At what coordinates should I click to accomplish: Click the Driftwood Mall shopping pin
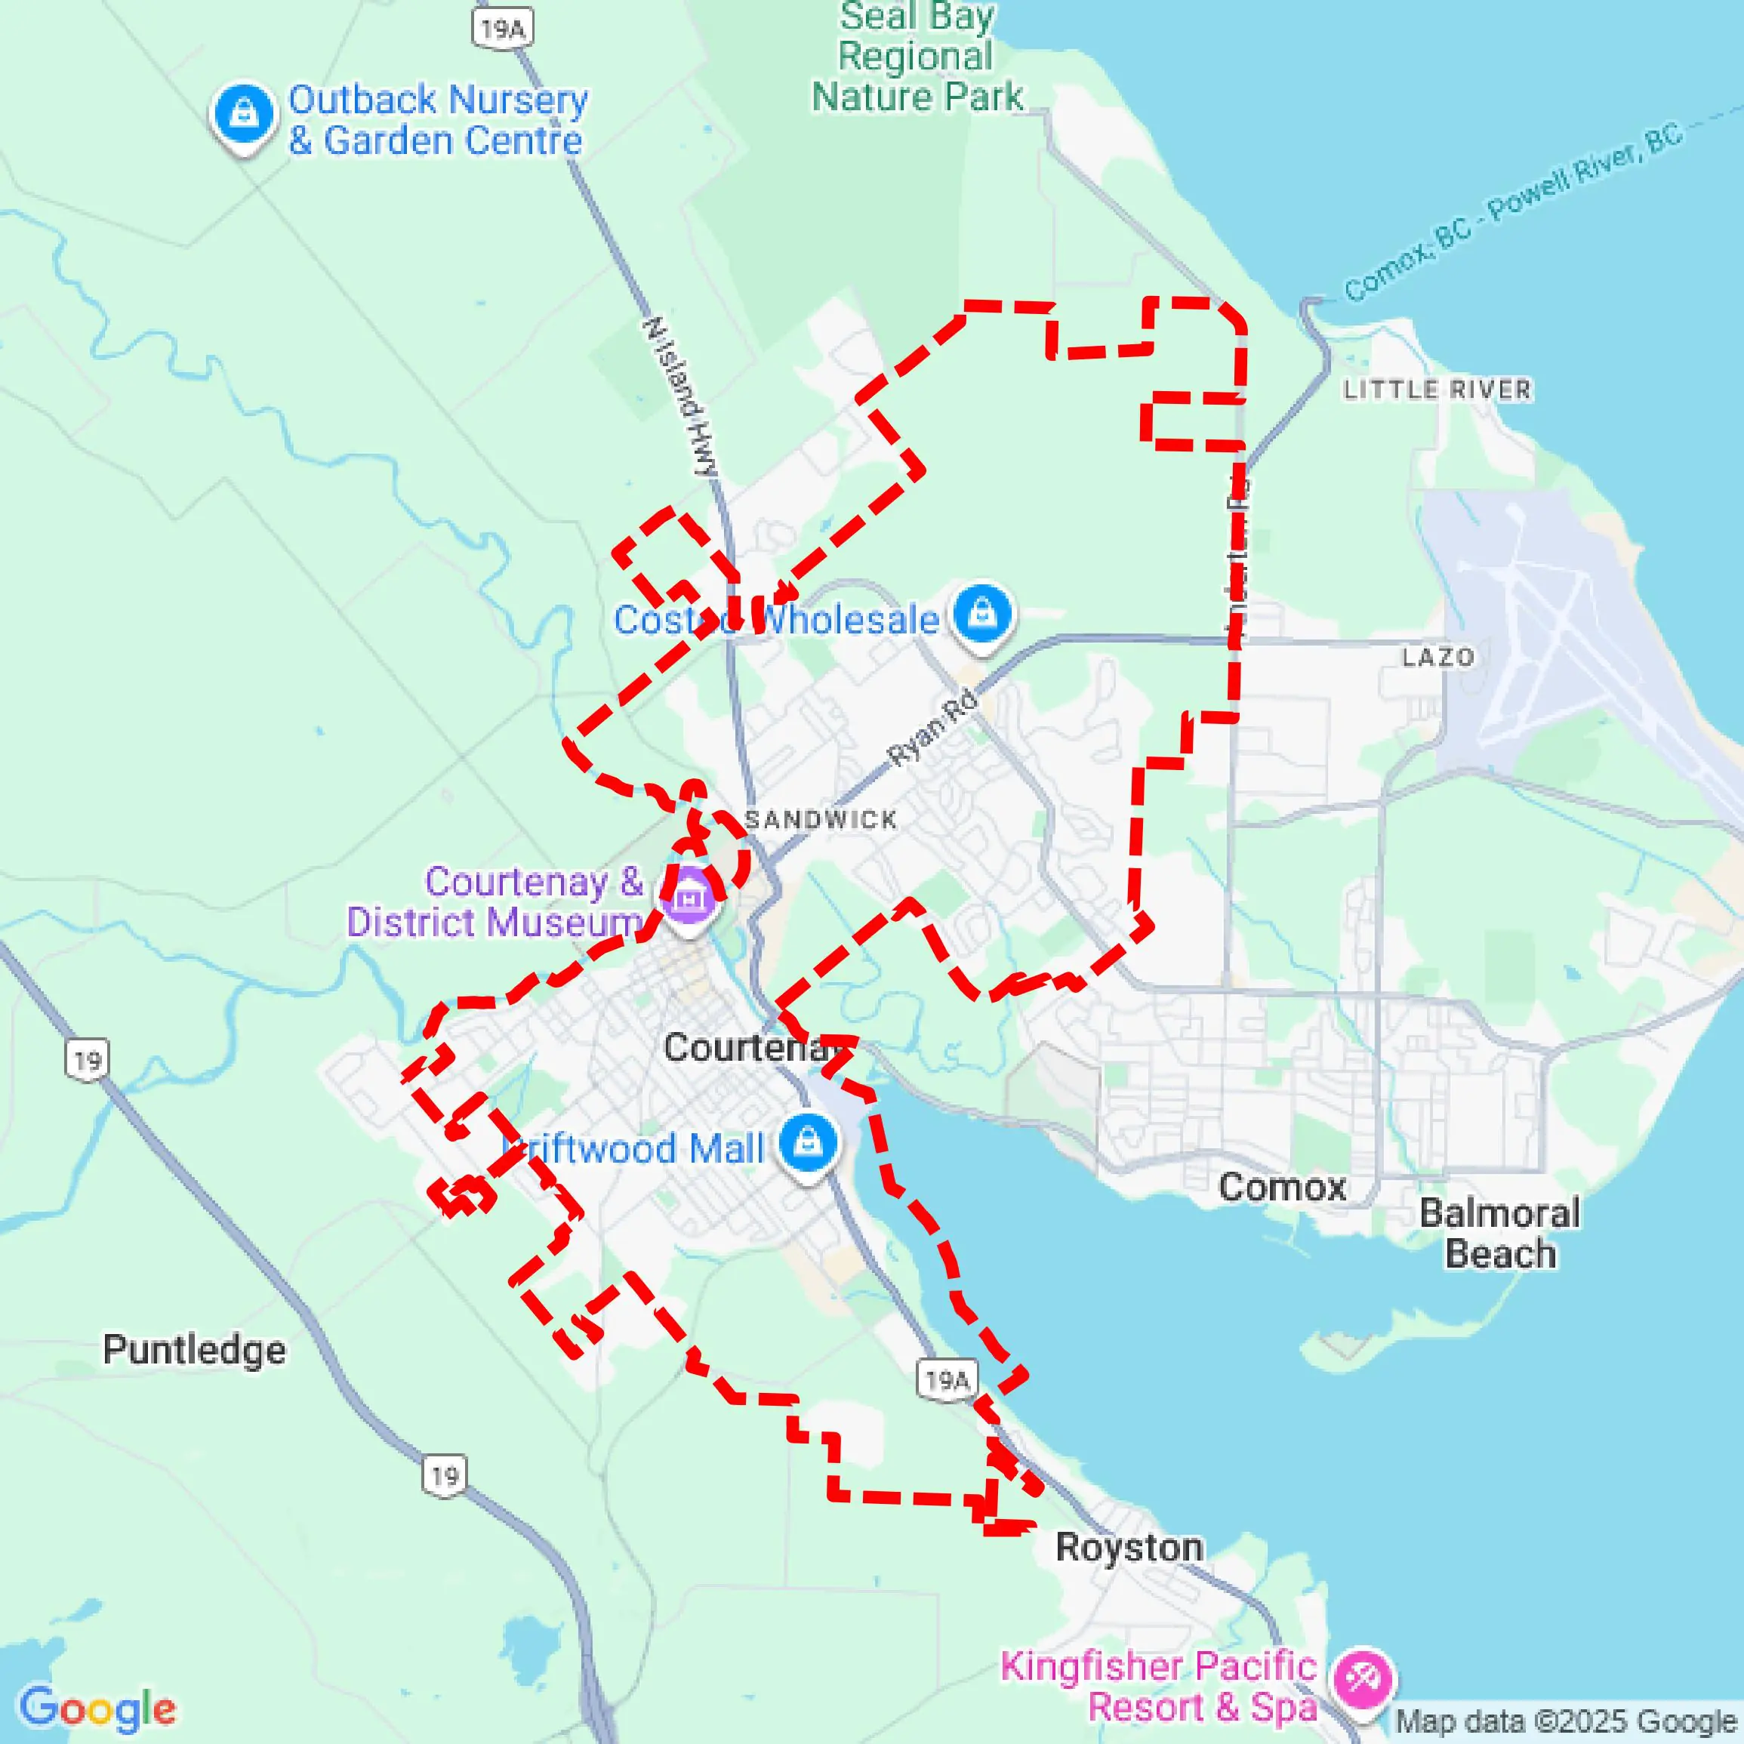point(808,1143)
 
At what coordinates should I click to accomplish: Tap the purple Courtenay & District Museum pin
point(689,898)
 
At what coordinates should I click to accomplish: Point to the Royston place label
point(1129,1547)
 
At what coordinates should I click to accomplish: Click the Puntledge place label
point(194,1351)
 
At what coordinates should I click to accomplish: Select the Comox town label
point(1282,1187)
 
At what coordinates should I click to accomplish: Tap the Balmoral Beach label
point(1499,1233)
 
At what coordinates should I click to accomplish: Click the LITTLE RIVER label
point(1437,390)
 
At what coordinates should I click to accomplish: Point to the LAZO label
point(1438,657)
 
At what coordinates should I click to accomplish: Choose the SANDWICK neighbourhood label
point(821,820)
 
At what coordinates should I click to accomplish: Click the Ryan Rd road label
point(932,728)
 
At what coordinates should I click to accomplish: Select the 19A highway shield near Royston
point(947,1379)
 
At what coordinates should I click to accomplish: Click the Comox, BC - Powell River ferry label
point(1513,212)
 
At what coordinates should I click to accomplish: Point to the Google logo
point(97,1709)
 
